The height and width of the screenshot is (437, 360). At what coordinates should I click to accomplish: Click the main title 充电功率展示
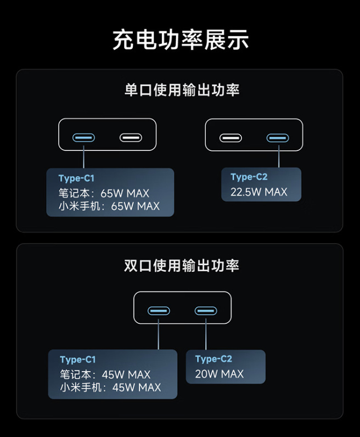click(181, 40)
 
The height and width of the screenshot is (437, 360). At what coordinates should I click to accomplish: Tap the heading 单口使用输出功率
click(182, 90)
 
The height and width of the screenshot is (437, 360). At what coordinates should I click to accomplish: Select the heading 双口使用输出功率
click(182, 265)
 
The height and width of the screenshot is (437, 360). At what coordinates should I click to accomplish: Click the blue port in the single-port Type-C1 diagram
click(83, 138)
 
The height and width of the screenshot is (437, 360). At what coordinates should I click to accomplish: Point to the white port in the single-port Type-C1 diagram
click(131, 138)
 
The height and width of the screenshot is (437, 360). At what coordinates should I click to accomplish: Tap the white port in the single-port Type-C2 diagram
click(230, 138)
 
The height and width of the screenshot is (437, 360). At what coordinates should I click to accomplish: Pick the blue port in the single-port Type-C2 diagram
click(278, 138)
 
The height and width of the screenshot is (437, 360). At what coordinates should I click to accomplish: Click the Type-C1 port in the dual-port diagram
click(159, 311)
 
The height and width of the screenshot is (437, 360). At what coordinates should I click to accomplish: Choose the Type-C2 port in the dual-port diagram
click(206, 311)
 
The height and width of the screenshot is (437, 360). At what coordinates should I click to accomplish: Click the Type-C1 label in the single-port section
click(76, 178)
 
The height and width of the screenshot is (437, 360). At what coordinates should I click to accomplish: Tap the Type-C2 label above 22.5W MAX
click(249, 177)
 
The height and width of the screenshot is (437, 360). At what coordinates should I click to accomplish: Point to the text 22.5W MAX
click(259, 192)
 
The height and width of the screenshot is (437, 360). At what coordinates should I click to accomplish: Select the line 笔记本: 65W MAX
click(104, 193)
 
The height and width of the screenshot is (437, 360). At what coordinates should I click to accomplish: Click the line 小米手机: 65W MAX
click(109, 206)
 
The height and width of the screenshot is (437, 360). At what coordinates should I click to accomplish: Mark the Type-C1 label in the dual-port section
click(78, 360)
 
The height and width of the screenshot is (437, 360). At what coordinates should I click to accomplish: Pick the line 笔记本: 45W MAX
click(105, 374)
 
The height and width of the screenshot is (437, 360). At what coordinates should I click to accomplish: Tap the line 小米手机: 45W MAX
click(110, 388)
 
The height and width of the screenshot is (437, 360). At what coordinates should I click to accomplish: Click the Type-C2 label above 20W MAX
click(213, 359)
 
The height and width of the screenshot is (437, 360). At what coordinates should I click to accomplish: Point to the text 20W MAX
click(220, 374)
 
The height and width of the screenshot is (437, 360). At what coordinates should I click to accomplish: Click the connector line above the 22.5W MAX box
click(279, 156)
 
